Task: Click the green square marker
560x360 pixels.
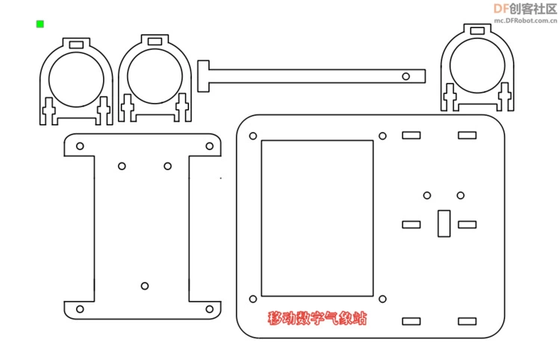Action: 40,24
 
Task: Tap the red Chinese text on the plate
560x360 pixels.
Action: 317,318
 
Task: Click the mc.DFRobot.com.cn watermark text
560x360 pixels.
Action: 526,21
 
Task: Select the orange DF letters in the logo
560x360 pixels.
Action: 501,8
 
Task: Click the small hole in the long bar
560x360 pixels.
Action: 405,76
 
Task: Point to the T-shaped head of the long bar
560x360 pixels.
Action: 203,76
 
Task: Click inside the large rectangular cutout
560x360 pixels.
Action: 317,218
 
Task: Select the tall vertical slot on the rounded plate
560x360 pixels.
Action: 444,223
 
